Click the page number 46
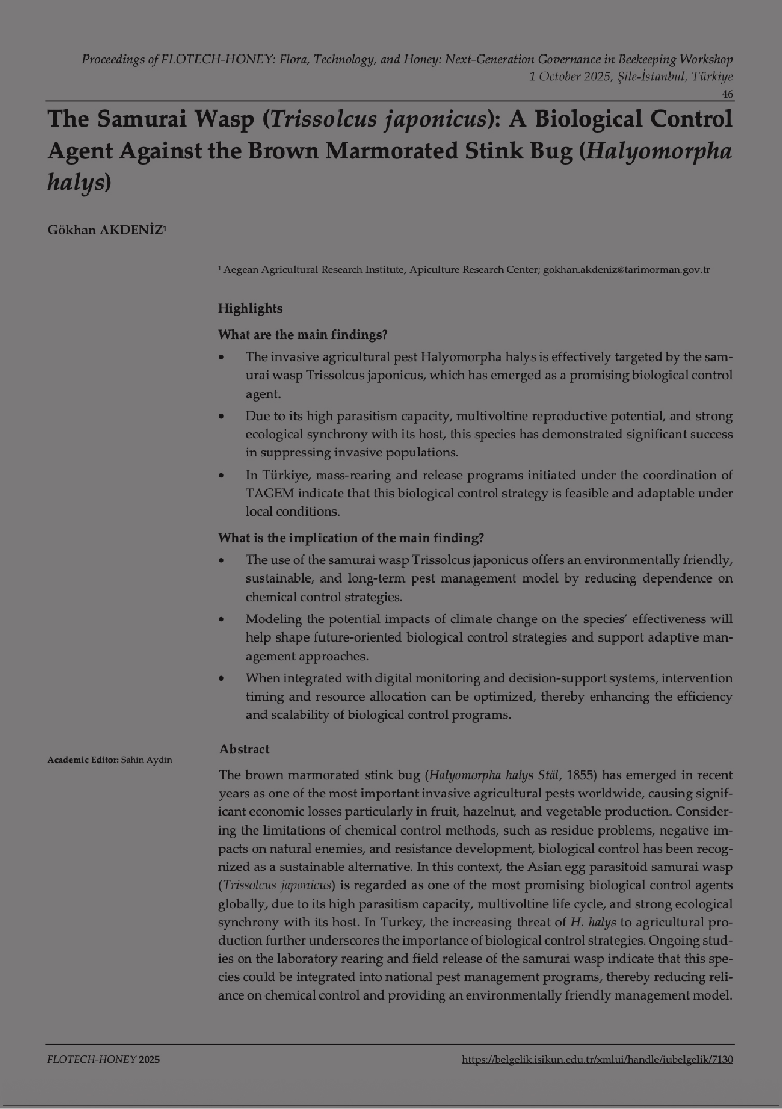[x=727, y=94]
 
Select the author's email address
[x=626, y=270]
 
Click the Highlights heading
[x=250, y=309]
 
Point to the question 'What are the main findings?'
[x=303, y=335]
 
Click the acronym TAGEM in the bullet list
[x=269, y=493]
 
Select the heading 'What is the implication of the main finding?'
[x=351, y=538]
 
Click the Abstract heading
[x=244, y=749]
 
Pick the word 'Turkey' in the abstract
[x=402, y=923]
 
